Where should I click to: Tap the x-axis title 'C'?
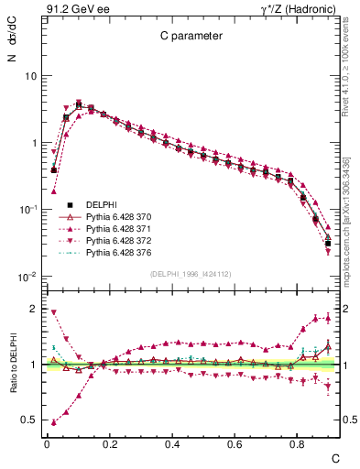[x=334, y=457]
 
